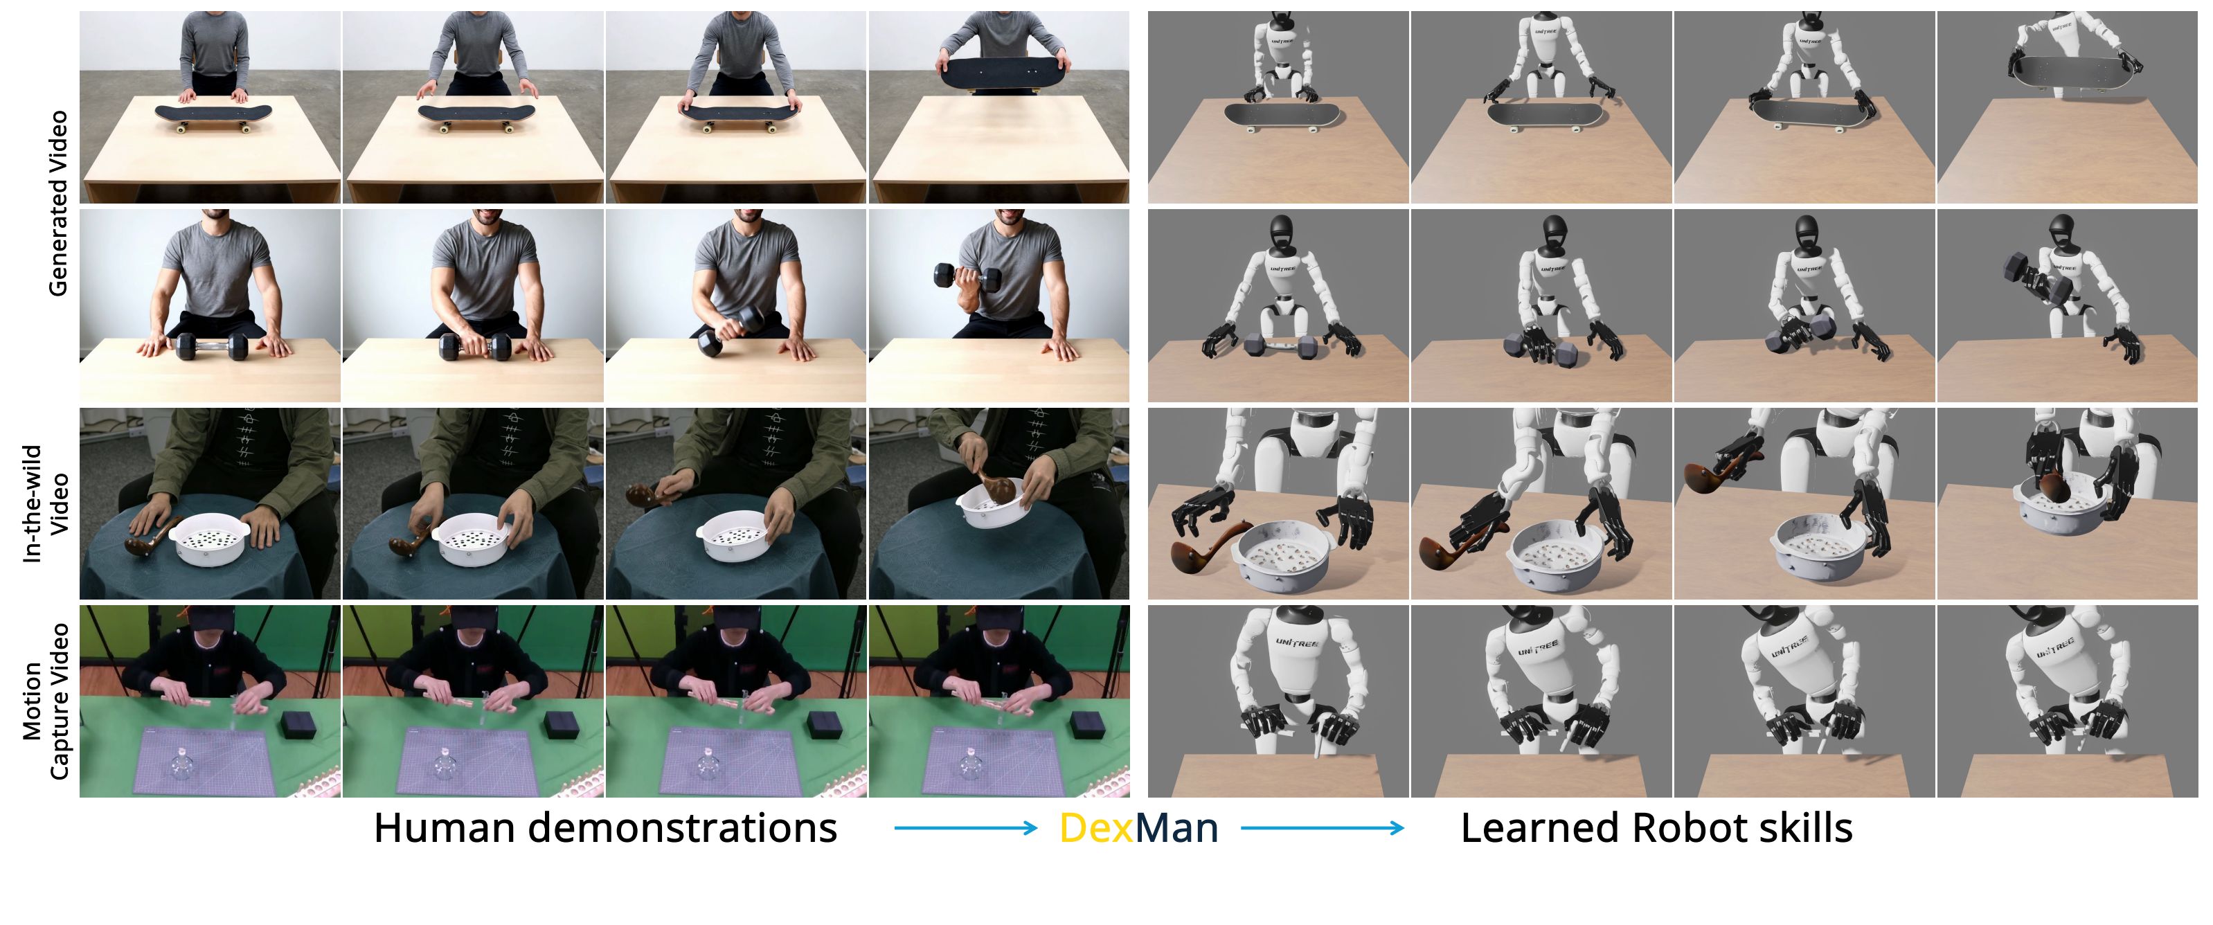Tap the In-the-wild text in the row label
[x=33, y=503]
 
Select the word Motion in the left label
[x=33, y=701]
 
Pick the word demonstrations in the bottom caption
[x=682, y=828]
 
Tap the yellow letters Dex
[x=1096, y=828]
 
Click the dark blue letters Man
[x=1176, y=828]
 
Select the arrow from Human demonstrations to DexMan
[x=966, y=828]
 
